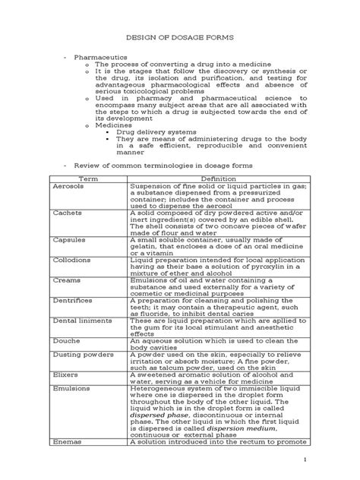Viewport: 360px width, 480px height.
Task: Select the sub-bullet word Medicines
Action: [112, 128]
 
